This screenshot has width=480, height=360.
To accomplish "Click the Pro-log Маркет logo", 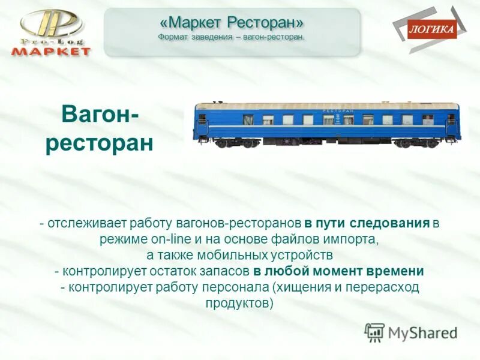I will (x=51, y=33).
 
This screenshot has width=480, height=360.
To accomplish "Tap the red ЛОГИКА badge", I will (x=431, y=29).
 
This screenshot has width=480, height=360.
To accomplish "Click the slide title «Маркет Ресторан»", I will (x=232, y=22).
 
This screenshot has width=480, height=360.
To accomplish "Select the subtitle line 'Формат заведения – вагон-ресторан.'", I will (x=232, y=37).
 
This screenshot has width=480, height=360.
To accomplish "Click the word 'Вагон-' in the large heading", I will (x=99, y=113).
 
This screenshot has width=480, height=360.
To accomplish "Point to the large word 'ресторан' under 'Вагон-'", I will (x=99, y=143).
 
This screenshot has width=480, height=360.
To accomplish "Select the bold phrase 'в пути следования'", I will (x=367, y=224).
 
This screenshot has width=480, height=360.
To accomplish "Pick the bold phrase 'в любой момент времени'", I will (x=338, y=271).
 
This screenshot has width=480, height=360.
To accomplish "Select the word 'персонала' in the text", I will (x=227, y=287).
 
